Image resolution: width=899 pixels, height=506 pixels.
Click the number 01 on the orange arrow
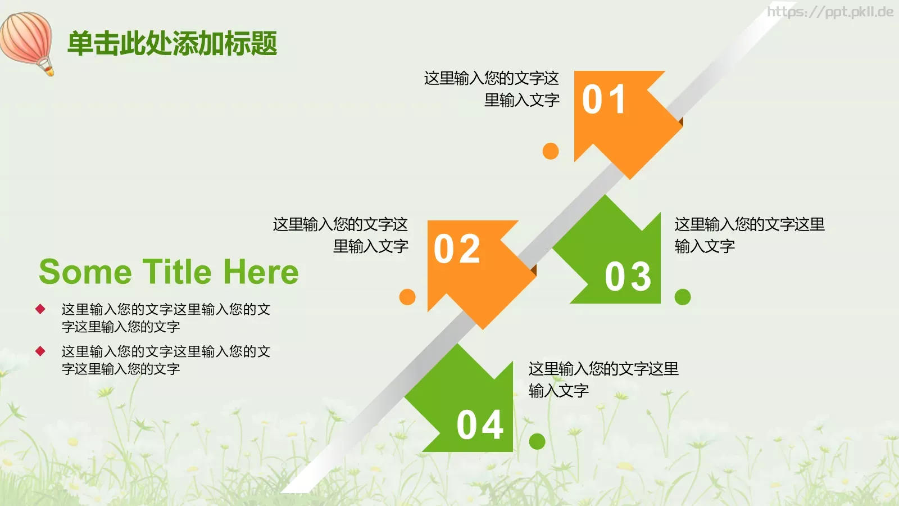point(604,100)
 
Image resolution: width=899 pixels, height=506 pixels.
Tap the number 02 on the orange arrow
point(457,249)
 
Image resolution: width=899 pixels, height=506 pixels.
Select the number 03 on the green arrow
point(628,277)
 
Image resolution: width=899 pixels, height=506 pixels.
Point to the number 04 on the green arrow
point(480,425)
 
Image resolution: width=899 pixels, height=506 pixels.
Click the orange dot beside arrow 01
point(551,151)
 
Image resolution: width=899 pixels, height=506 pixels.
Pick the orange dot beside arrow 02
point(407,297)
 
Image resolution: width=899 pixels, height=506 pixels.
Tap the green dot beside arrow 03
point(683,297)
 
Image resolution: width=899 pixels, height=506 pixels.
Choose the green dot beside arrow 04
point(537,441)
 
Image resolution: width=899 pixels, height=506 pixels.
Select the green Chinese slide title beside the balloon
point(172,43)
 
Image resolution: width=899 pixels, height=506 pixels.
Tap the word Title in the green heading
point(177,272)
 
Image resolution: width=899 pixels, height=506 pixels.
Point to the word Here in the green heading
point(261,272)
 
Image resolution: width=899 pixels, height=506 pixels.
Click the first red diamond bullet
point(40,309)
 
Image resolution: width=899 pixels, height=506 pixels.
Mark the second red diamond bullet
point(40,351)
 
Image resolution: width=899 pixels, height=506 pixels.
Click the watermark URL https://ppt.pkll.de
point(830,12)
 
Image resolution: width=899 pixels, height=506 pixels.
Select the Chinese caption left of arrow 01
point(492,89)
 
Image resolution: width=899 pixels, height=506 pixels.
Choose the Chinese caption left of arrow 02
point(340,235)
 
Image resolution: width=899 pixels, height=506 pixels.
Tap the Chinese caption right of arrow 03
point(749,235)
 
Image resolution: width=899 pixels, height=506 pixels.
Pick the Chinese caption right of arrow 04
point(603,379)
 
